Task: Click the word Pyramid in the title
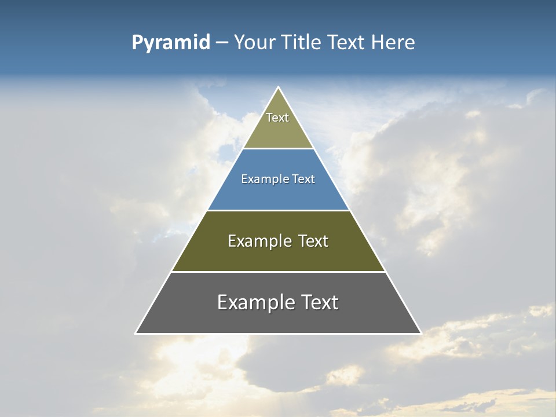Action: (x=171, y=43)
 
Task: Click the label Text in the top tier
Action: (x=277, y=118)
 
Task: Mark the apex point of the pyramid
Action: (x=279, y=87)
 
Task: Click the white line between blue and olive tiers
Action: (x=278, y=210)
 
